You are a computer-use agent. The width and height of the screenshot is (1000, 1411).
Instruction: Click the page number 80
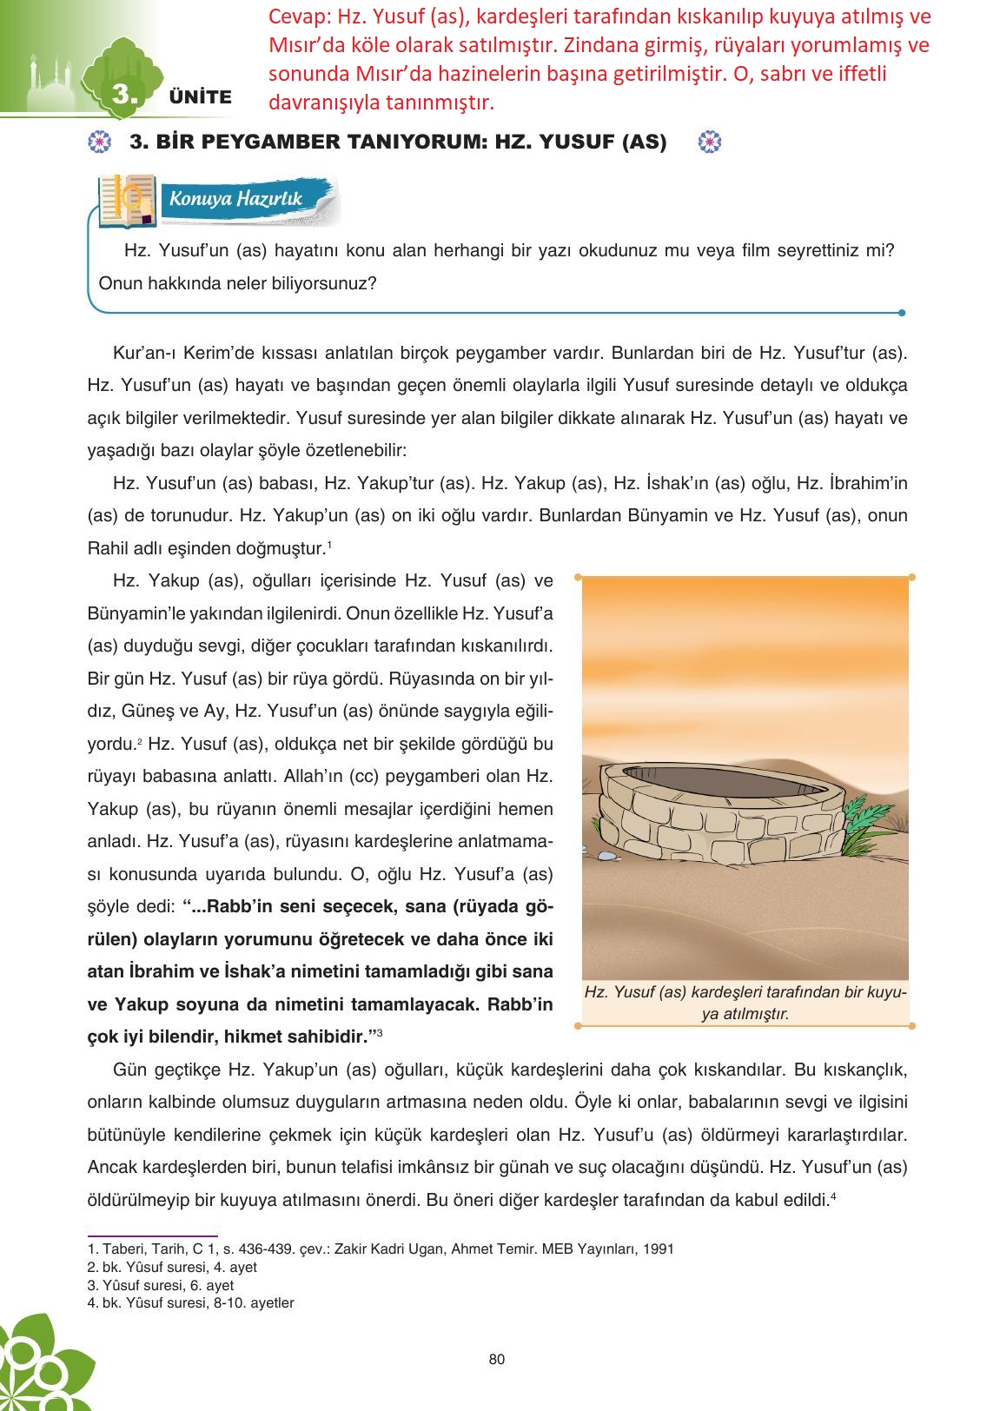497,1359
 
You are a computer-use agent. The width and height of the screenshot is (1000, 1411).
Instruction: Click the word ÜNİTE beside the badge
201,97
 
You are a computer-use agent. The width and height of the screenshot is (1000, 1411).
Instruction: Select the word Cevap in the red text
295,17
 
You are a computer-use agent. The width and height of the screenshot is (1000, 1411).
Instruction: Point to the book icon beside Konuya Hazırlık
128,201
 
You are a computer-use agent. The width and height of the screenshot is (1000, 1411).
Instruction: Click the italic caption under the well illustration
745,1003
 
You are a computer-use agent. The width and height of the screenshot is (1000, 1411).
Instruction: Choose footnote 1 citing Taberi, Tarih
380,1249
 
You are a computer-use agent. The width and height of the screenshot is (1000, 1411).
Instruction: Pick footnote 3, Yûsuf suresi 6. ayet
161,1285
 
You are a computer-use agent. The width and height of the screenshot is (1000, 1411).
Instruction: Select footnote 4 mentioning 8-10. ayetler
191,1302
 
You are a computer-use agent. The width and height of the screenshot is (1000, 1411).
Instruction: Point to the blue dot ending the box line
902,313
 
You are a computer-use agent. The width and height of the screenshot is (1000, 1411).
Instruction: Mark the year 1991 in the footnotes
659,1249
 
